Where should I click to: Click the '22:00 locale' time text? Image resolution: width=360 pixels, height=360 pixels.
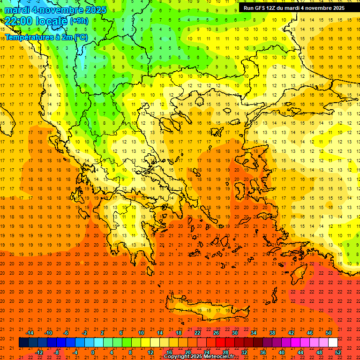pyautogui.click(x=36, y=21)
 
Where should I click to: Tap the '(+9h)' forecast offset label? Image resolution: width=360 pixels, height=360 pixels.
pyautogui.click(x=78, y=21)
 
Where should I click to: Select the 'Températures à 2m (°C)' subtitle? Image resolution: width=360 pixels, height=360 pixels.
pyautogui.click(x=46, y=37)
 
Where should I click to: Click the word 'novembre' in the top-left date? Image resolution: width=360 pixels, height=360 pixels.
pyautogui.click(x=61, y=10)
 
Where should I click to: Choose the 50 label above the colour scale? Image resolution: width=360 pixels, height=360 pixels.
pyautogui.click(x=328, y=332)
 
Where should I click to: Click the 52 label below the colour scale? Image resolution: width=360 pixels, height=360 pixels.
pyautogui.click(x=338, y=352)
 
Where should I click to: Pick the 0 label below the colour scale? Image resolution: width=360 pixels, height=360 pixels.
pyautogui.click(x=93, y=352)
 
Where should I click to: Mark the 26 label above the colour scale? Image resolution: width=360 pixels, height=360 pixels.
pyautogui.click(x=216, y=332)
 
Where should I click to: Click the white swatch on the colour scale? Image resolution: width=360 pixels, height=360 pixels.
pyautogui.click(x=333, y=343)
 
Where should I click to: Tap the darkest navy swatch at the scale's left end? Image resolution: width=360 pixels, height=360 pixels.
pyautogui.click(x=23, y=343)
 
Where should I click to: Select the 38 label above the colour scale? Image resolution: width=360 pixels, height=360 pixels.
pyautogui.click(x=272, y=332)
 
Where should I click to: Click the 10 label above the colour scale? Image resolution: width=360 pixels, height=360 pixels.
pyautogui.click(x=141, y=332)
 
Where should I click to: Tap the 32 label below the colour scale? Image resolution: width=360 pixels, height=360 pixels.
pyautogui.click(x=244, y=352)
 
